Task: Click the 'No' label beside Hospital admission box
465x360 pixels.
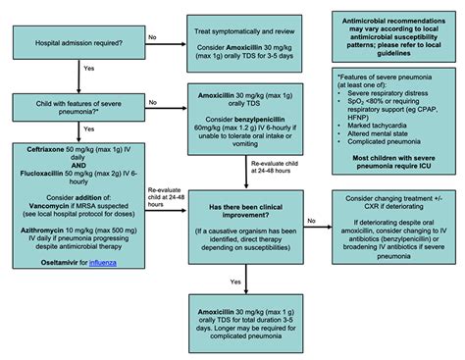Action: pyautogui.click(x=151, y=37)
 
